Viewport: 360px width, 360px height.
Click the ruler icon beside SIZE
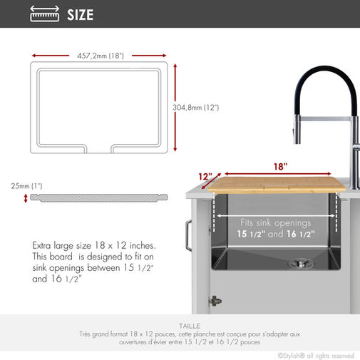(45, 14)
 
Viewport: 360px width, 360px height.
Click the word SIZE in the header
(81, 15)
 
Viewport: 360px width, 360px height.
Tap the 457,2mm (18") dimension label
(101, 56)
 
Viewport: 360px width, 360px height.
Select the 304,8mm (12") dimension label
(196, 108)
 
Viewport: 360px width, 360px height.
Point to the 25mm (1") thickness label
(26, 186)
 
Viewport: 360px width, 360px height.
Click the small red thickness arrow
(26, 198)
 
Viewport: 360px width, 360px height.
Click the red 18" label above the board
(280, 167)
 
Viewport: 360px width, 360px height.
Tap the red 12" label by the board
(205, 177)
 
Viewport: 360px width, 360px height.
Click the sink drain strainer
(301, 263)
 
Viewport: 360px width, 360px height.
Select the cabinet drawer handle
(188, 235)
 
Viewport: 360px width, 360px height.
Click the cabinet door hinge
(215, 301)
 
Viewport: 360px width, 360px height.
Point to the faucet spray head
(297, 130)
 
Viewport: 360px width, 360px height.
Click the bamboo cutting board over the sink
(277, 185)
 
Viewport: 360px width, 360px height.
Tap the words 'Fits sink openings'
(276, 223)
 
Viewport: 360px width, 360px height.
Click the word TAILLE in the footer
(190, 326)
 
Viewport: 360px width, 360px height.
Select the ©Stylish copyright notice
(316, 356)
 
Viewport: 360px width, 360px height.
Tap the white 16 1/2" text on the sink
(300, 234)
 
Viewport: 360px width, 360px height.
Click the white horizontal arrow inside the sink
(276, 216)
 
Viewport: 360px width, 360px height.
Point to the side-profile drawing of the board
(99, 198)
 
